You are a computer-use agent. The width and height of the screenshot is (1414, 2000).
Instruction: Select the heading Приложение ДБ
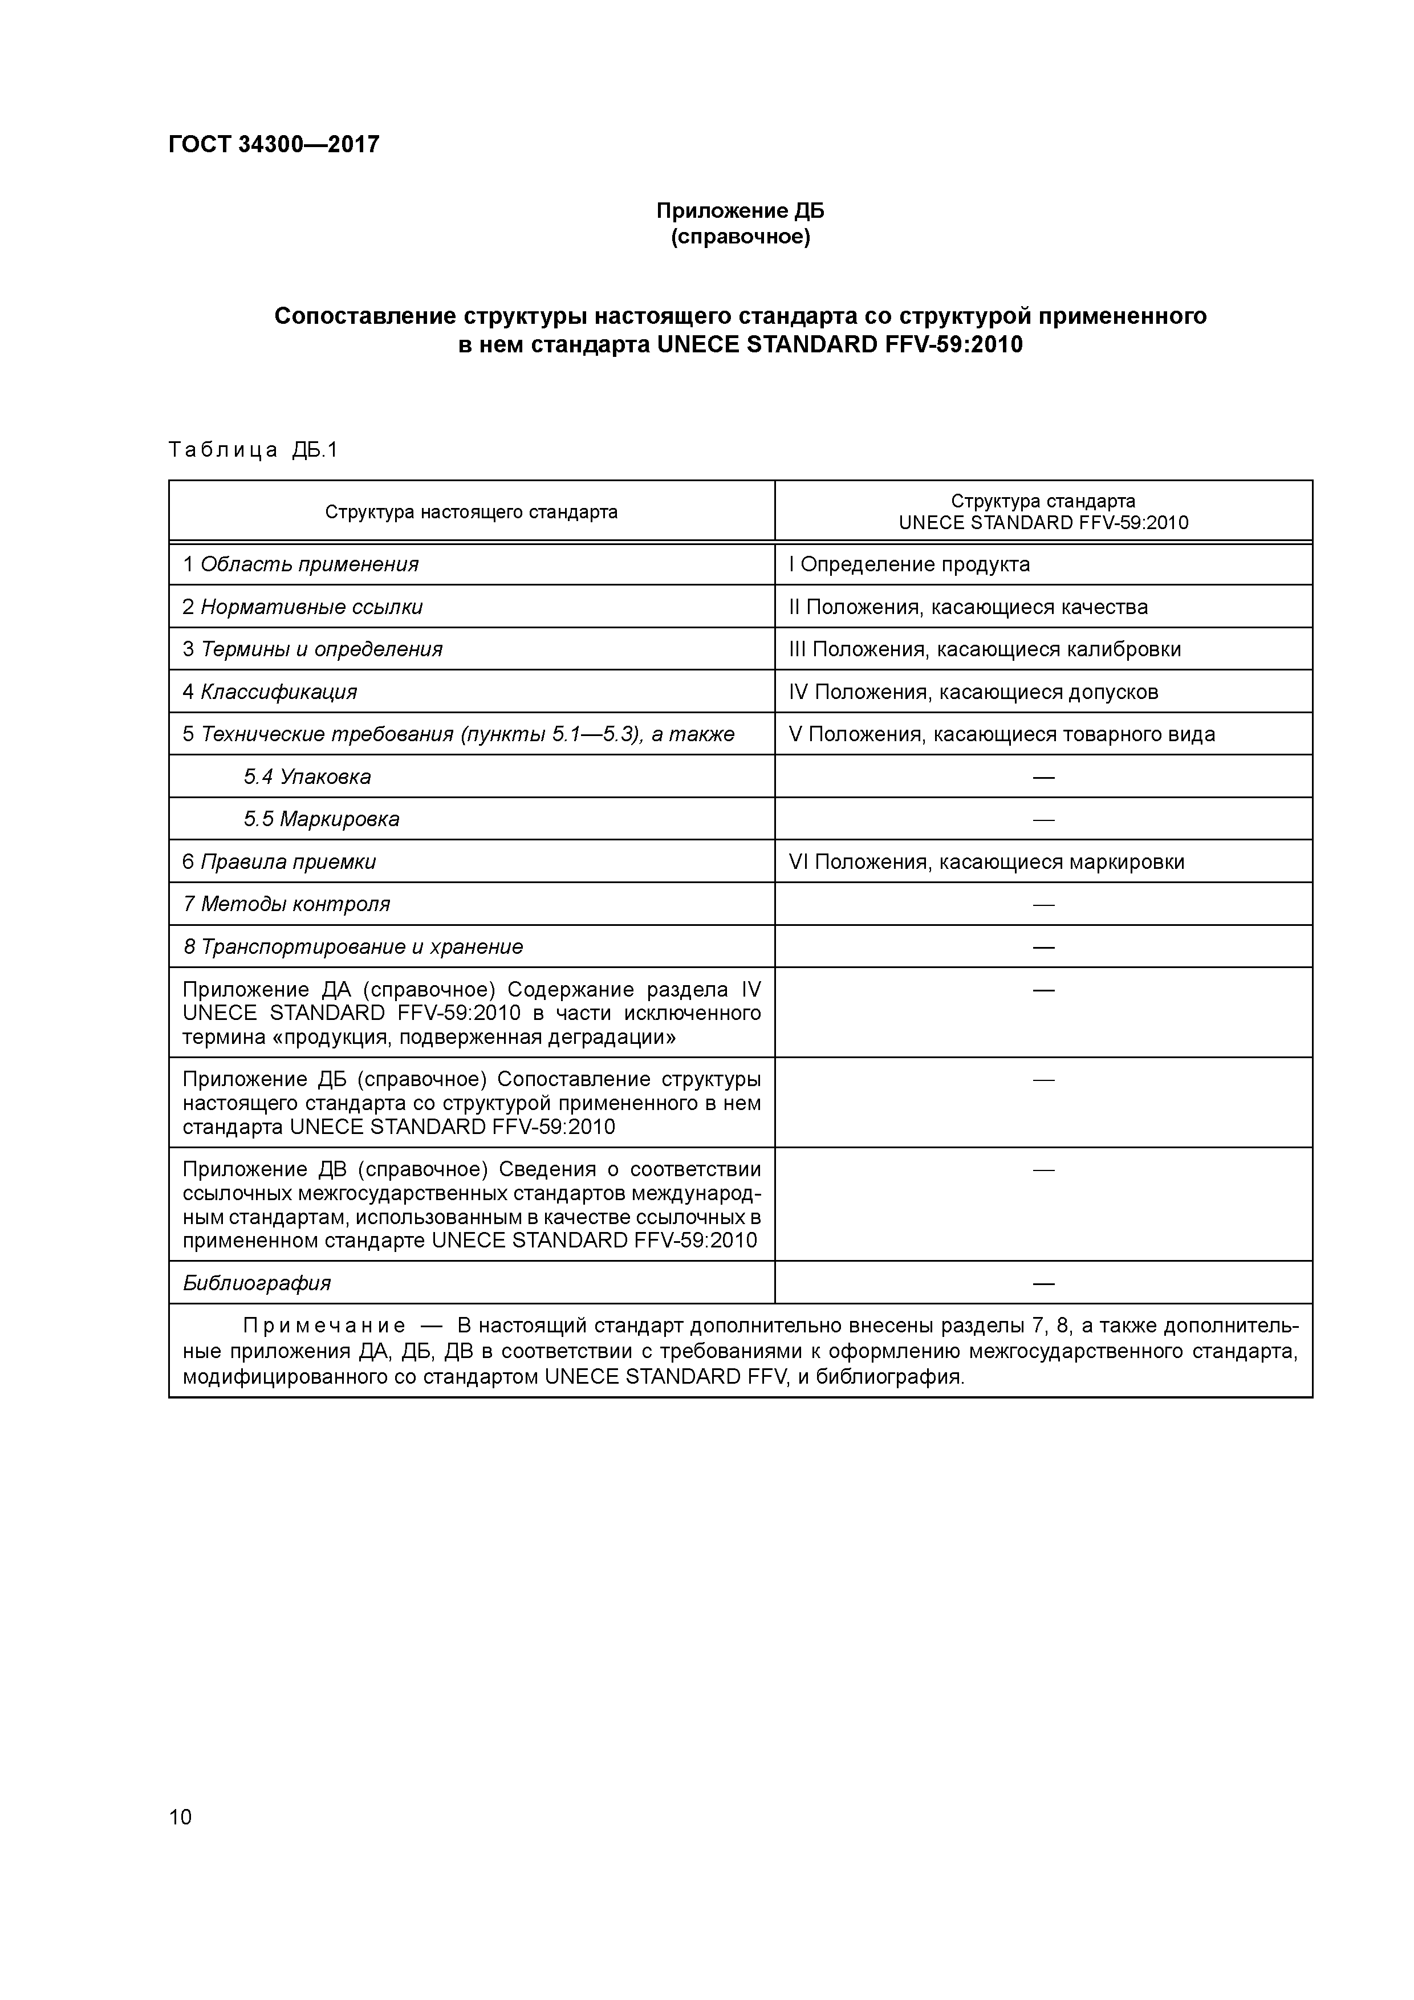739,211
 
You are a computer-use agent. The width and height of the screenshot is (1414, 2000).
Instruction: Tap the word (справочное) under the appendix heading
739,237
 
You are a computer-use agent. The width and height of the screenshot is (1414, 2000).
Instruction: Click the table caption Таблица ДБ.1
253,450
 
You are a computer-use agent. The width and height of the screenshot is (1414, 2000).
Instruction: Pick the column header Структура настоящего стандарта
472,512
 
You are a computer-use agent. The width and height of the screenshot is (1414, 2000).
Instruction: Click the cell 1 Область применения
300,564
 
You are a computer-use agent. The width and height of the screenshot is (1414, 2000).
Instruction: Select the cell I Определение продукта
909,564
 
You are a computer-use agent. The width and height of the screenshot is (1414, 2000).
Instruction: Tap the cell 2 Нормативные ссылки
302,607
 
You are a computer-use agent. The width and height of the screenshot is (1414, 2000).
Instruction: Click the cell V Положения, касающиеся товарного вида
1001,734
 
